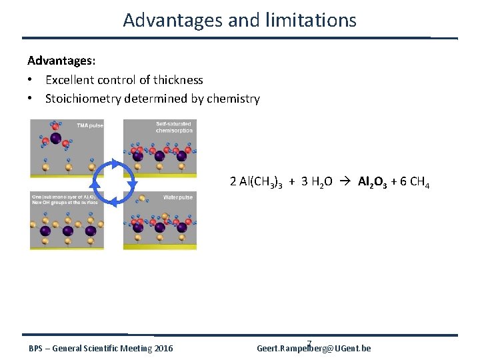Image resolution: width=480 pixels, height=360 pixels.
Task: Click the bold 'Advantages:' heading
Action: click(61, 61)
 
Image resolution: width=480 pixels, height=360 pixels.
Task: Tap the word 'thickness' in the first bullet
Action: click(178, 80)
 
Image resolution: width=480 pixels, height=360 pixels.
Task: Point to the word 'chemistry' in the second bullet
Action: click(233, 99)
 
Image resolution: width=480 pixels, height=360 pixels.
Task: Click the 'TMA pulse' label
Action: click(87, 125)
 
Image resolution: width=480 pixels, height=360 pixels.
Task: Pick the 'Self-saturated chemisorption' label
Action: click(174, 127)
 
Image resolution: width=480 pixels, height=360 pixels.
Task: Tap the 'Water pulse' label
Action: click(178, 197)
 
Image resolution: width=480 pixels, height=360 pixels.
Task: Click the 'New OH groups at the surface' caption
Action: click(65, 202)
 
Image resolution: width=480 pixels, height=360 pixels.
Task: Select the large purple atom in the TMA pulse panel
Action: click(56, 139)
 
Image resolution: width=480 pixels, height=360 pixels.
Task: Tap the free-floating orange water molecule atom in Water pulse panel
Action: click(142, 199)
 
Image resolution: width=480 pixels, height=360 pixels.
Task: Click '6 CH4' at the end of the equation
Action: click(415, 182)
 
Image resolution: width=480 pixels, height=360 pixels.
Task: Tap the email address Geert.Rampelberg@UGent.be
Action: click(314, 349)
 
